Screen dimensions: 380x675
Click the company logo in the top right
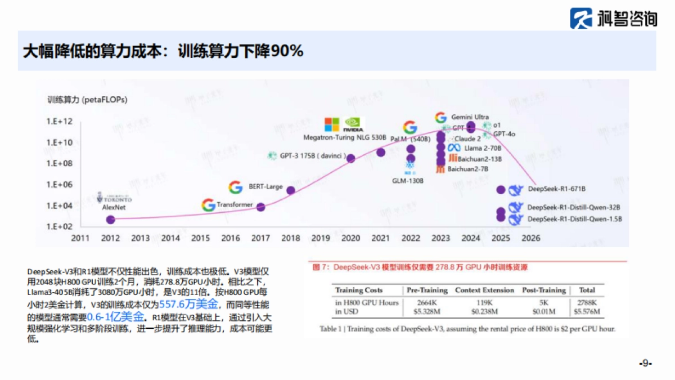tap(613, 18)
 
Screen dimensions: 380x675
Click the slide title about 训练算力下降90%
tap(163, 51)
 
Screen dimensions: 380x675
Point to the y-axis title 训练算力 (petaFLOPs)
tap(87, 100)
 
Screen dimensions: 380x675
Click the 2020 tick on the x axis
tap(350, 238)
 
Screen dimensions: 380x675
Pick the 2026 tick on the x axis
tap(530, 238)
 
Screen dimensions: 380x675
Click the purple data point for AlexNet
tap(111, 220)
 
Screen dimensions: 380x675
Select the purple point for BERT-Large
tap(291, 190)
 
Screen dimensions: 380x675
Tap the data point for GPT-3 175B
tap(350, 158)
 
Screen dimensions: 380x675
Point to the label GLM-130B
tap(408, 181)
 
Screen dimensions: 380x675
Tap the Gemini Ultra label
tap(470, 117)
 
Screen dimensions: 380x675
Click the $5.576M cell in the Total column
tap(587, 311)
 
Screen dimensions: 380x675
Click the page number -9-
tap(645, 363)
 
